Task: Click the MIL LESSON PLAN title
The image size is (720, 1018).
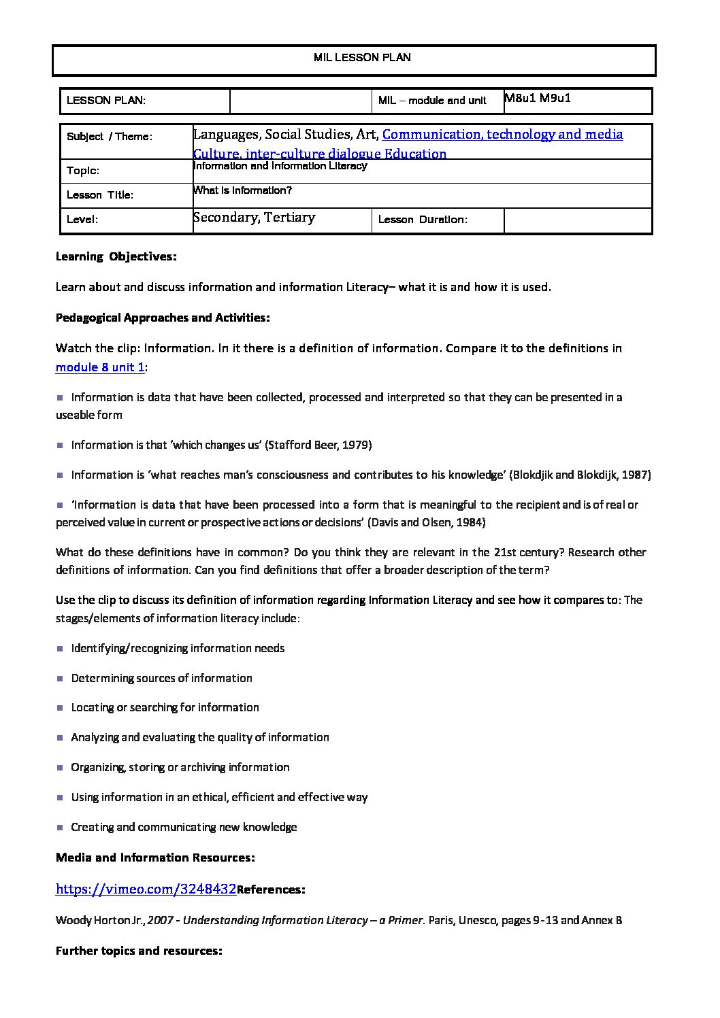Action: coord(361,58)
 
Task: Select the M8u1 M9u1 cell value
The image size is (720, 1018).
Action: coord(538,98)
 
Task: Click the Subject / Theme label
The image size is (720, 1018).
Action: coord(110,137)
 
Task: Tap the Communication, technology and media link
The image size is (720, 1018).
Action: coord(503,135)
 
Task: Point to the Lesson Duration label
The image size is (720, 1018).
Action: coord(422,220)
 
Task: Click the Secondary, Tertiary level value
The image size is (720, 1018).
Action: coord(255,218)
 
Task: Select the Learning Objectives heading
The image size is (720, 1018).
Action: coord(116,256)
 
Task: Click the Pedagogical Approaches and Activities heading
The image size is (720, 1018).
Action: coord(163,318)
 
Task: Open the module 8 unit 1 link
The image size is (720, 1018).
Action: coord(100,367)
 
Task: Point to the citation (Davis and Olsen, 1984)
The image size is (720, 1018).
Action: coord(427,522)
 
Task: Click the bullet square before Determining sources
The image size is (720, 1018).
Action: coord(60,678)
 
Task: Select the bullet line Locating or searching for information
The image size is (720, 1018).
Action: coord(165,707)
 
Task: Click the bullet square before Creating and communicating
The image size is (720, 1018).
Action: coord(60,827)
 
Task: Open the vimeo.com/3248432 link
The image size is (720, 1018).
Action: coord(146,889)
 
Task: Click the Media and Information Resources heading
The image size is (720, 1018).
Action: coord(155,858)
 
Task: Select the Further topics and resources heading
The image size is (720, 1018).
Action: coord(139,951)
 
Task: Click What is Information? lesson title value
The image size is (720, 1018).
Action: coord(243,190)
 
